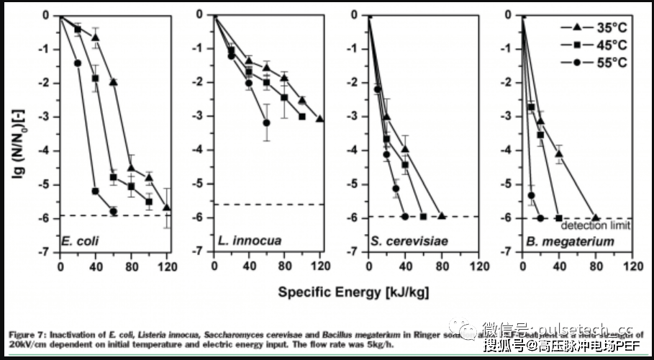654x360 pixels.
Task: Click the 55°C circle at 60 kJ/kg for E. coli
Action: tap(114, 211)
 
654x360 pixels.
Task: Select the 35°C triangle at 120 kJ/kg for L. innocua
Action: tap(319, 120)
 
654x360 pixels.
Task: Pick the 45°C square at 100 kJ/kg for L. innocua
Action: tap(302, 117)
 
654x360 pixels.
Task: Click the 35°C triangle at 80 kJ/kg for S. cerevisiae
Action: tap(441, 216)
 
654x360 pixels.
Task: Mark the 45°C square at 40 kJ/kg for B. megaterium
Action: tap(559, 217)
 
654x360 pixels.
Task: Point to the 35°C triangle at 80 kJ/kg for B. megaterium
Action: tap(595, 217)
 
